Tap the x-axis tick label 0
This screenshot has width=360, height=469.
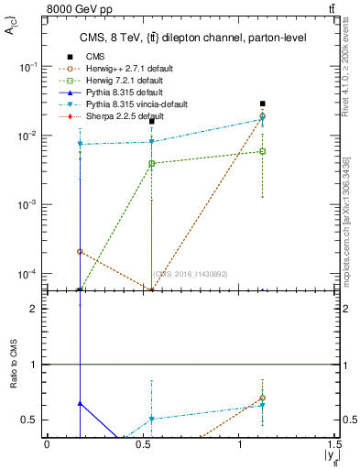point(47,445)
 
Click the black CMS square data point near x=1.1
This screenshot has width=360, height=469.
point(263,104)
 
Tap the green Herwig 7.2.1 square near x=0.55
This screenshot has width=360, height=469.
point(152,163)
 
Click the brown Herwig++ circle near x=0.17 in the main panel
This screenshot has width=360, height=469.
point(81,251)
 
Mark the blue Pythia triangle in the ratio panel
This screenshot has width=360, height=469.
point(81,403)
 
